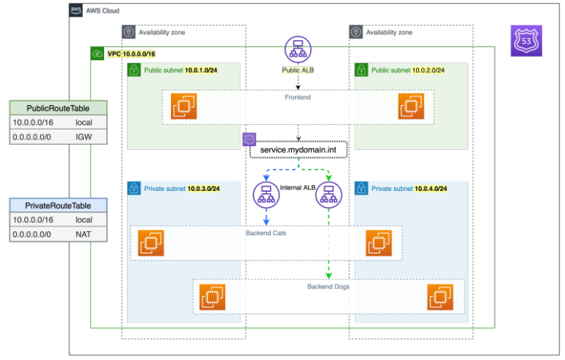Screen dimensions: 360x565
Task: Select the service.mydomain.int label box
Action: pyautogui.click(x=298, y=151)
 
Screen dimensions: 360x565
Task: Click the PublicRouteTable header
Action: pyautogui.click(x=58, y=108)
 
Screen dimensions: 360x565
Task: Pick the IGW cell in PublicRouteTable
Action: pyautogui.click(x=83, y=137)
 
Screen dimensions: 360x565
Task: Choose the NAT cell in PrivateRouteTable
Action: pyautogui.click(x=84, y=234)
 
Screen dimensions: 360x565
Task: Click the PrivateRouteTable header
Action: pyautogui.click(x=58, y=205)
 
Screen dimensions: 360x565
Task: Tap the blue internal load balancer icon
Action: pyautogui.click(x=266, y=197)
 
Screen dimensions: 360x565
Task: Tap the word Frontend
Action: pyautogui.click(x=297, y=97)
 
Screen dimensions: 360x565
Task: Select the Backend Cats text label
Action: pyautogui.click(x=266, y=232)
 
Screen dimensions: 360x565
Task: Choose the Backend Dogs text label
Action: pyautogui.click(x=329, y=286)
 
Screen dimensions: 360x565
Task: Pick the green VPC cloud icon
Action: pyautogui.click(x=97, y=54)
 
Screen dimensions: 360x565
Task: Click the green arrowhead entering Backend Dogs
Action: pyautogui.click(x=329, y=277)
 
